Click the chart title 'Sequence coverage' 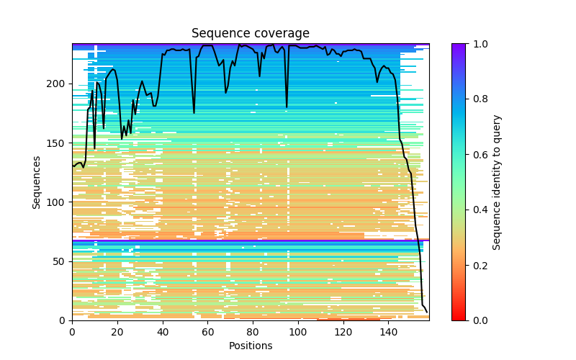click(x=250, y=34)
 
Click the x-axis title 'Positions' click(x=250, y=346)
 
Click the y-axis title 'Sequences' click(x=37, y=182)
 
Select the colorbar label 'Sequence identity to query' click(x=497, y=182)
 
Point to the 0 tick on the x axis click(x=72, y=331)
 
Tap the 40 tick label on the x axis click(x=162, y=331)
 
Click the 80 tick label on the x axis click(x=253, y=331)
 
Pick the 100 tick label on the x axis click(x=298, y=331)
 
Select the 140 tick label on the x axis click(x=388, y=331)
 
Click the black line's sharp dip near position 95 click(x=287, y=107)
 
